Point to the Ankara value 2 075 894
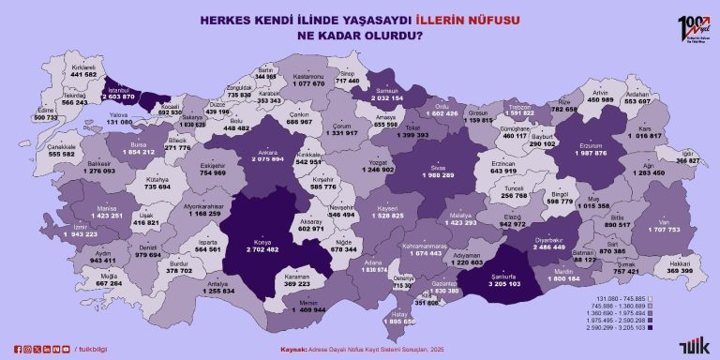pyautogui.click(x=266, y=160)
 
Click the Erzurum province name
pyautogui.click(x=595, y=145)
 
